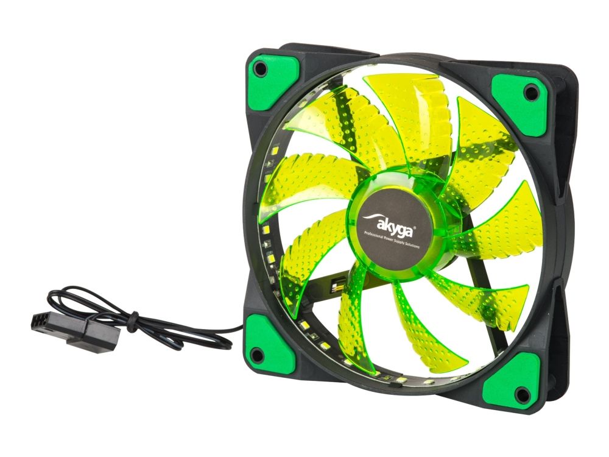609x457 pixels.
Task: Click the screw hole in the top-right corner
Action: tap(531, 93)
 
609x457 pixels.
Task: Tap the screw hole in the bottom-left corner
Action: tap(256, 355)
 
